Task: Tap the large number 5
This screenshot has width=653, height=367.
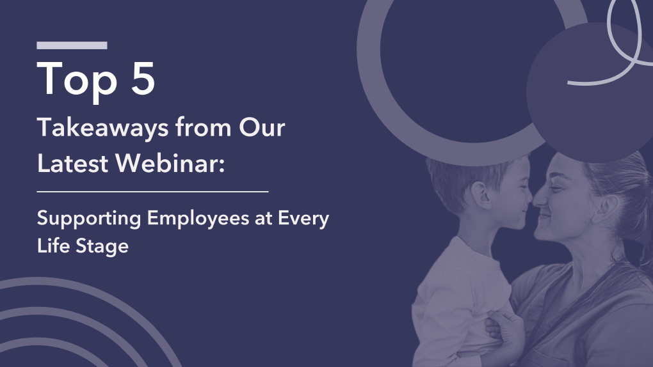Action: [138, 80]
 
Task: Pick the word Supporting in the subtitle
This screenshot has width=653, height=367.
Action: [89, 219]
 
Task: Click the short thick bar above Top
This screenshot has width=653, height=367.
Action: [72, 45]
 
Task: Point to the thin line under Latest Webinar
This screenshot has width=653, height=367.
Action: [152, 191]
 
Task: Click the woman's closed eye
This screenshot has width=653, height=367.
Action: [561, 185]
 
